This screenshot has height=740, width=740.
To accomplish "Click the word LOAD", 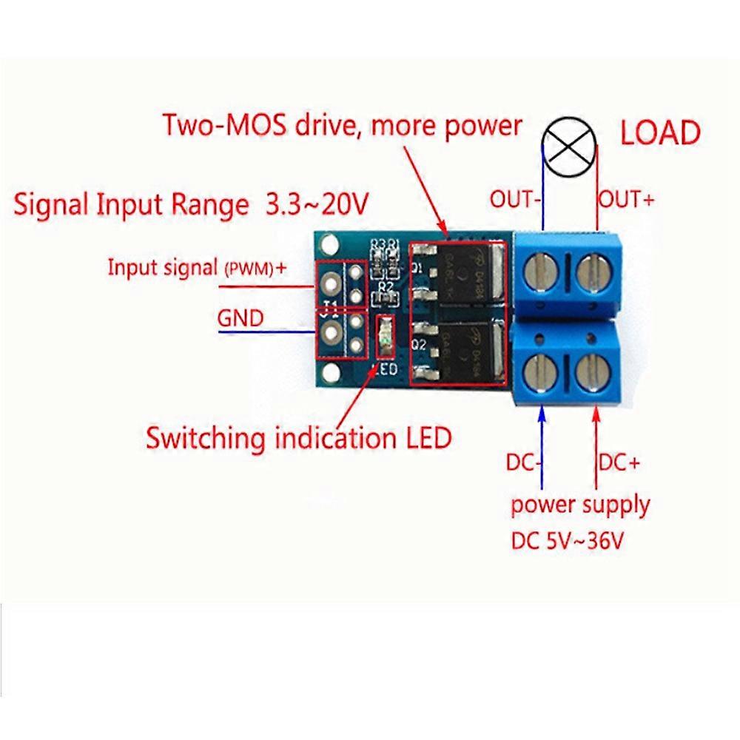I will [x=659, y=134].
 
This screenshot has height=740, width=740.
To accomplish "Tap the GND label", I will [x=240, y=319].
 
